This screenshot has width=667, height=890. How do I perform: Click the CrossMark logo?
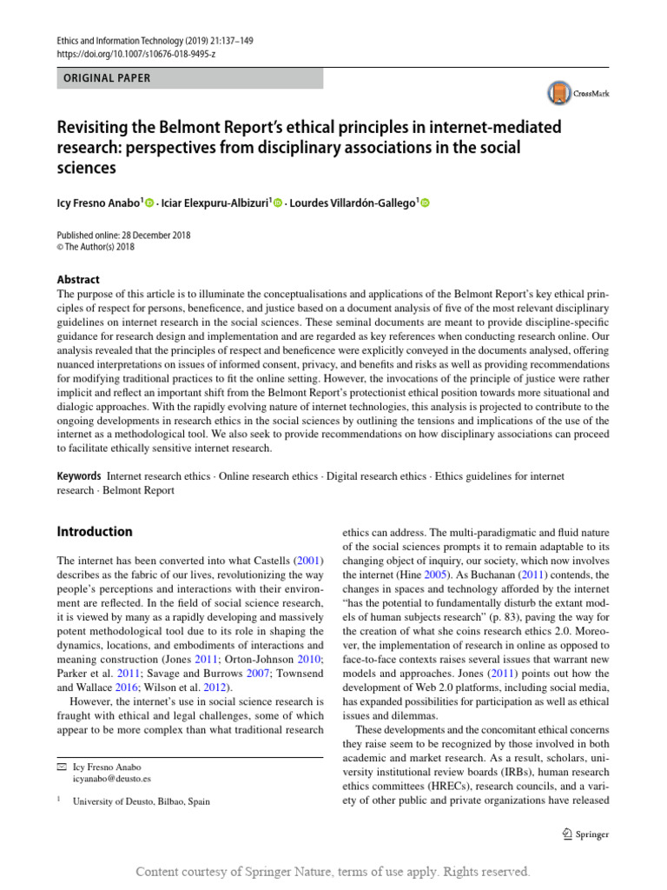coord(578,93)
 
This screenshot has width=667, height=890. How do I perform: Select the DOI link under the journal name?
coord(135,54)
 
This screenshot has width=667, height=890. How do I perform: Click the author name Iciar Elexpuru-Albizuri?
coord(211,203)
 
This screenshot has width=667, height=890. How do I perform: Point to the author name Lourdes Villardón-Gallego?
coord(352,203)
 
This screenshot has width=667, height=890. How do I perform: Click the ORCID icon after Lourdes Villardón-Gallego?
coord(425,203)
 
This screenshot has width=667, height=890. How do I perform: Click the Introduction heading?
coord(95,531)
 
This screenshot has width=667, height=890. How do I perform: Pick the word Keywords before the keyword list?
coord(79,476)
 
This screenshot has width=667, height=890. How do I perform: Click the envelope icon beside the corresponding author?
coord(61,767)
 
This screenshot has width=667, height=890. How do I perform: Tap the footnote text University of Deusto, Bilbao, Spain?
coord(142,801)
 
